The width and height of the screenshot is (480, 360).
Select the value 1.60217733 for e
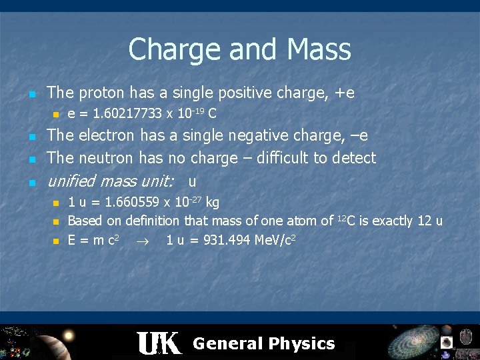127,113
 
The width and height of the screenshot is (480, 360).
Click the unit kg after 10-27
213,202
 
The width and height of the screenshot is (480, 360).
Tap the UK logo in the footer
158,343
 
